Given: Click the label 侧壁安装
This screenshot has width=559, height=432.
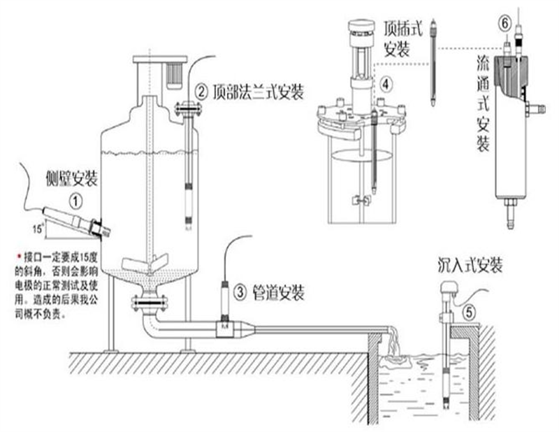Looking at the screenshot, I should coord(72,178).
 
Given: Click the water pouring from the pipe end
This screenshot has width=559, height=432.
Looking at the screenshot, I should coord(391,350).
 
